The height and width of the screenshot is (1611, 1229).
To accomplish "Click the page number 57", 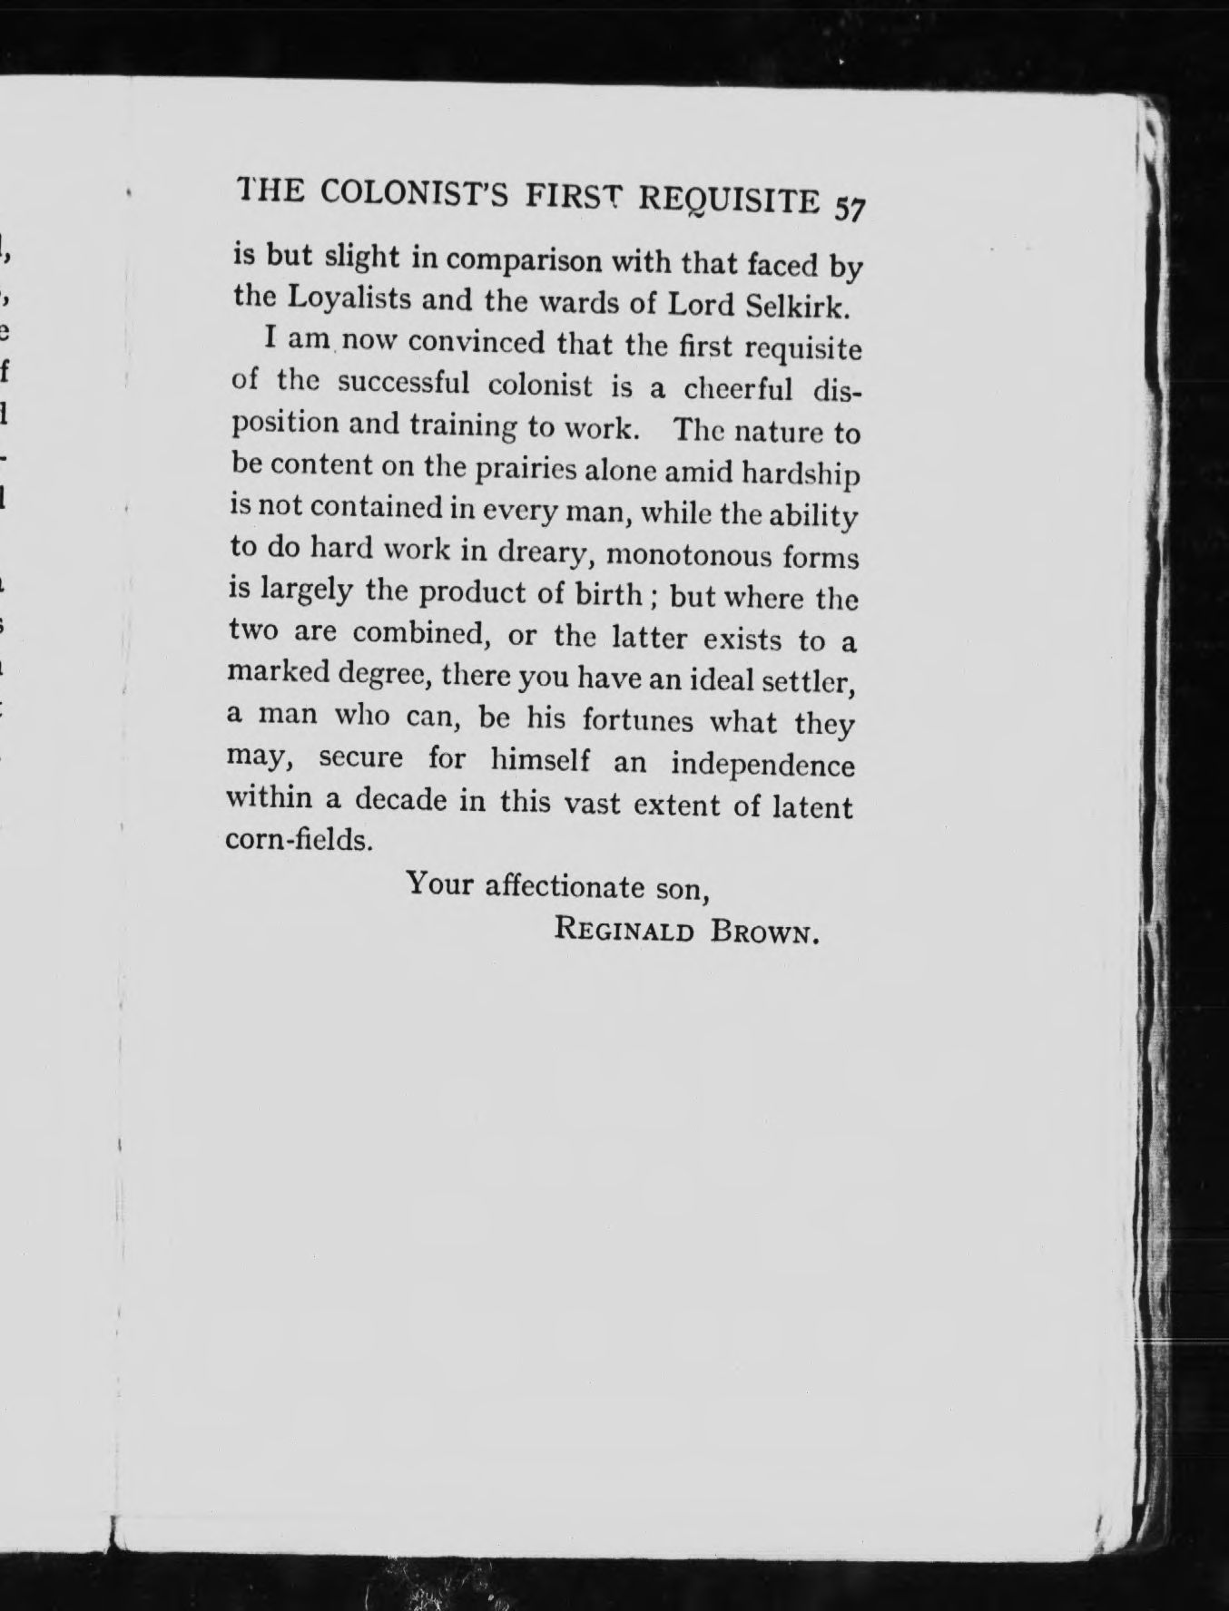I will point(850,208).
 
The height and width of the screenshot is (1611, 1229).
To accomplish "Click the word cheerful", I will point(738,389).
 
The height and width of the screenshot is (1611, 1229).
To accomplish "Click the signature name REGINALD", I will point(624,930).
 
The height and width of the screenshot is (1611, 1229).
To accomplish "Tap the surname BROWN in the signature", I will point(766,932).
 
